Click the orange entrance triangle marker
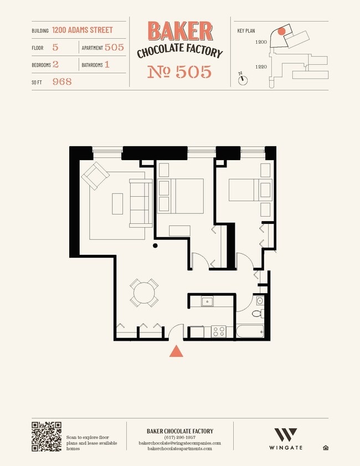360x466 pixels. (x=176, y=351)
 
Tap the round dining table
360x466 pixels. (x=144, y=293)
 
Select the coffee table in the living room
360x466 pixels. (x=117, y=204)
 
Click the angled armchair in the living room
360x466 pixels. (x=95, y=176)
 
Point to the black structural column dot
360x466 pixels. (x=155, y=245)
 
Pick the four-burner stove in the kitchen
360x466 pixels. (x=219, y=331)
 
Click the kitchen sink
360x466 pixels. (x=207, y=301)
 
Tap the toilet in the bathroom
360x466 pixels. (x=258, y=313)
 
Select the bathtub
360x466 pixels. (x=250, y=331)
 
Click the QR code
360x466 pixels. (x=47, y=437)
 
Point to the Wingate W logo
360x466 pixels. (x=285, y=435)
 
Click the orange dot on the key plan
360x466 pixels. (x=281, y=31)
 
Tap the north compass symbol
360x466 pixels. (x=243, y=79)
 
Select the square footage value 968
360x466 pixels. (x=62, y=81)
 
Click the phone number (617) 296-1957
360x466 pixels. (x=179, y=437)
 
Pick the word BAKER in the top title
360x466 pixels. (x=180, y=31)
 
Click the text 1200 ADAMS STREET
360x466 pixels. (x=83, y=30)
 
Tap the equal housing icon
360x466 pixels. (x=326, y=448)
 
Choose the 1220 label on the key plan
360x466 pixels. (x=261, y=67)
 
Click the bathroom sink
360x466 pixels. (x=260, y=301)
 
